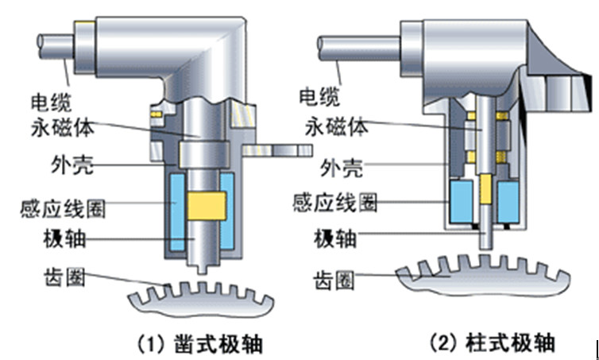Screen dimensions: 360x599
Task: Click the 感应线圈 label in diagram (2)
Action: pos(335,202)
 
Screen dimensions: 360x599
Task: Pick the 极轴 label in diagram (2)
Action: pos(335,238)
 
